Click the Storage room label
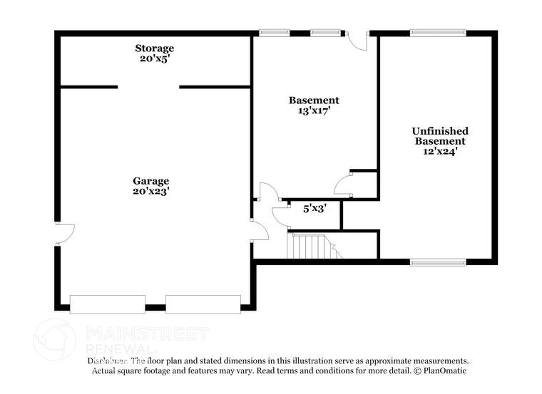point(155,48)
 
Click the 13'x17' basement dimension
point(313,110)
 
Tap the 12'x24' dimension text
point(440,151)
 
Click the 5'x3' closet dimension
point(315,209)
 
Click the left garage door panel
point(108,304)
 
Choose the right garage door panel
point(203,304)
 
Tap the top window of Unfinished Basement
point(438,33)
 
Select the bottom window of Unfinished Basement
point(438,262)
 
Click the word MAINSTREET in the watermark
point(146,333)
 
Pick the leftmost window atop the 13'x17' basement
point(274,33)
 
